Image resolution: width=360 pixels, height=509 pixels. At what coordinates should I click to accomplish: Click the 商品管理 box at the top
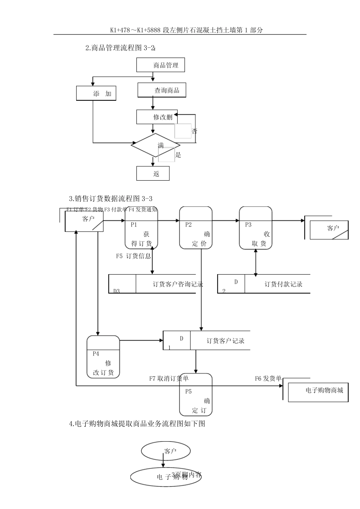click(x=161, y=65)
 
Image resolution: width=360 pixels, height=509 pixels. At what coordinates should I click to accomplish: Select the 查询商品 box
click(x=162, y=90)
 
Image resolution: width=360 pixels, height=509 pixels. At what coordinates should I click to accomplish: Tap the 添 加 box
click(x=96, y=94)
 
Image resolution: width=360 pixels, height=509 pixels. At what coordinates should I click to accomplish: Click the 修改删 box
click(x=155, y=117)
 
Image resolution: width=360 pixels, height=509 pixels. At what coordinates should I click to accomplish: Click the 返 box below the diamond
click(x=153, y=174)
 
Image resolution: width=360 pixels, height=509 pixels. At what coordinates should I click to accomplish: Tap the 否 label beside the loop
click(x=194, y=131)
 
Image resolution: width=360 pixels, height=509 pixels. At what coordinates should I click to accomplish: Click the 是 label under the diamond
click(x=178, y=155)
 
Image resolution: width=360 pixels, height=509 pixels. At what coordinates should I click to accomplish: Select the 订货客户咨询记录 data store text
click(x=178, y=284)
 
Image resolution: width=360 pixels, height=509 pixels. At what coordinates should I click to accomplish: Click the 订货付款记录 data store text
click(x=283, y=284)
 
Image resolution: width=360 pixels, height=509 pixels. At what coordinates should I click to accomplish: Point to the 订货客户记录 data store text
click(x=225, y=341)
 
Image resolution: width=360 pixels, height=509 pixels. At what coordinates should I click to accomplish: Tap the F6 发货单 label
click(x=268, y=378)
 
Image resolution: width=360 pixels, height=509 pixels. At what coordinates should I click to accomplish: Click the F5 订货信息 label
click(x=133, y=256)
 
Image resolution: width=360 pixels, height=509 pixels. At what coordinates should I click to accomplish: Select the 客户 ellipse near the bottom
click(x=166, y=451)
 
